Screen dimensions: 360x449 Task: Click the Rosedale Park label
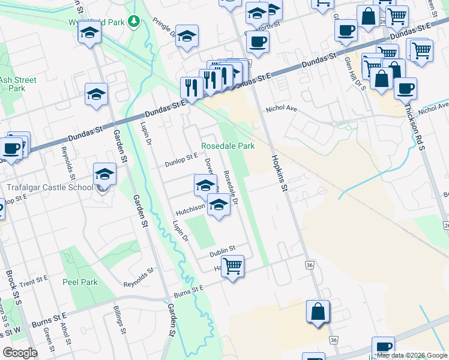point(228,146)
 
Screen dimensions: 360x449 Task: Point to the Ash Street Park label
point(18,84)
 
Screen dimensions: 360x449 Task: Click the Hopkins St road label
point(278,170)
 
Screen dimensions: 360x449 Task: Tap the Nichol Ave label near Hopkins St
point(282,110)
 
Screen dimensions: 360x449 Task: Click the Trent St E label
point(33,281)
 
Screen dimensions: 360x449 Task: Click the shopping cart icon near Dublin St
point(232,265)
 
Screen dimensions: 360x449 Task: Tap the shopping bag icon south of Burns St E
point(318,311)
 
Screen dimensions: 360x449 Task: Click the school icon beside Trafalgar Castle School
point(104,175)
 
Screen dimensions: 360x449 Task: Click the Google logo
point(20,353)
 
